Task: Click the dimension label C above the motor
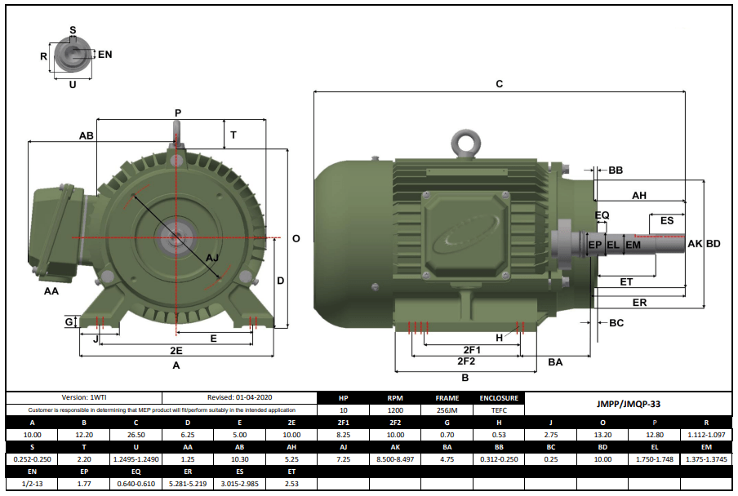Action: (499, 84)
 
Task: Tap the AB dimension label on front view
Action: (86, 135)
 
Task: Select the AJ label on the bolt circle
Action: (212, 258)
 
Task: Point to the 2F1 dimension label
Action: (472, 349)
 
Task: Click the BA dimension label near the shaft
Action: (555, 361)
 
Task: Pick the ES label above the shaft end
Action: (666, 221)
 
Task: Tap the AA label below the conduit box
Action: (51, 290)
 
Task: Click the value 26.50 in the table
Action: (136, 435)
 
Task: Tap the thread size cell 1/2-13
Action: (32, 484)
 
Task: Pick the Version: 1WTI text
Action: (84, 397)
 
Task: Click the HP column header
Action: (343, 398)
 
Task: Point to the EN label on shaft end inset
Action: (104, 55)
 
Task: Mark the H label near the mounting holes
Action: (499, 338)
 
